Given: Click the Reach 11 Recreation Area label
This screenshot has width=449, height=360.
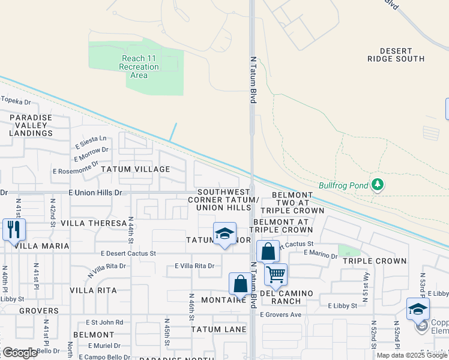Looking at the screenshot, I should (x=139, y=67).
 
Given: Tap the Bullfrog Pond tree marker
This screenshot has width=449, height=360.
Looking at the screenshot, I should (x=377, y=185).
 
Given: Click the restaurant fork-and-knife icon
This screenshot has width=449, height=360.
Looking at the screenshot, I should (x=14, y=229).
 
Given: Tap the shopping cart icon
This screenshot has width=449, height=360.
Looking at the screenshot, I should (x=276, y=274).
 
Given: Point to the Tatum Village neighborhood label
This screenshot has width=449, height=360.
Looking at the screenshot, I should (x=136, y=169).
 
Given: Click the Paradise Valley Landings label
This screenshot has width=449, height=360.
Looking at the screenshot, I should (x=31, y=125).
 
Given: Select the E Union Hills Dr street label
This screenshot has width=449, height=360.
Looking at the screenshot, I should (x=95, y=193).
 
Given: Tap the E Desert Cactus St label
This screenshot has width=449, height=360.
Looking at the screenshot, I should (x=128, y=253).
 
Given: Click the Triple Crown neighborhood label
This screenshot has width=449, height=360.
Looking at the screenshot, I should (x=375, y=261).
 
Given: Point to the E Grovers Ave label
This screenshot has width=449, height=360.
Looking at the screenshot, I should (x=280, y=314).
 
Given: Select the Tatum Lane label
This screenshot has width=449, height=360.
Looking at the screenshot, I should (x=218, y=329).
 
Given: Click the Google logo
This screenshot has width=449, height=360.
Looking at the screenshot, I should (x=20, y=353).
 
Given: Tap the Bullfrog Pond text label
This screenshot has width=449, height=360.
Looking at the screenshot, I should (x=343, y=185).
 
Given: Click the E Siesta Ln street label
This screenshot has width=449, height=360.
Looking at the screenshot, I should (x=91, y=142).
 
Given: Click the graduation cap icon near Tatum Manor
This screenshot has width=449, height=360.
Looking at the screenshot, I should (x=224, y=233).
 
